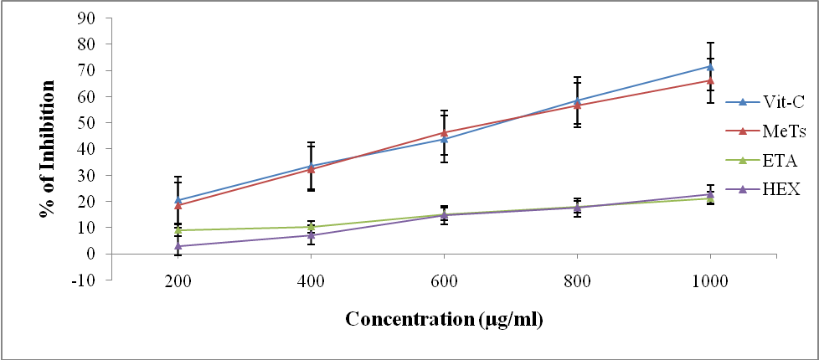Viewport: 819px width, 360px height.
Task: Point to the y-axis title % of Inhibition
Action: pos(47,148)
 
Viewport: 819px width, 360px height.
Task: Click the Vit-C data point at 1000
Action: pos(710,66)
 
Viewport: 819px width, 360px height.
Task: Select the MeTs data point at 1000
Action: pos(710,80)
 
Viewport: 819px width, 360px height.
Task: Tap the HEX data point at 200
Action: pos(178,246)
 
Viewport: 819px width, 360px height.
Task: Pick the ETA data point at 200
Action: pos(178,230)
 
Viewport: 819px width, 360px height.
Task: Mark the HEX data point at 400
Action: pos(311,235)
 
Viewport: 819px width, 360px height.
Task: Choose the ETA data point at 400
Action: pos(311,227)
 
